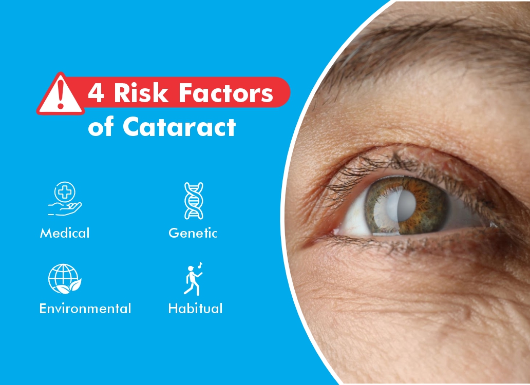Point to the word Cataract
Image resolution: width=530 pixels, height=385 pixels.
pos(179,127)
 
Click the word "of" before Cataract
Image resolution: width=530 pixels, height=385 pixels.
pos(101,127)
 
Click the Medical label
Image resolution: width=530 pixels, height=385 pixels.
pos(65,233)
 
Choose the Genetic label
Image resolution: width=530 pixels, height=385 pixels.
pos(193,233)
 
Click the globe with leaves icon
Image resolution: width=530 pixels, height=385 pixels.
pos(65,279)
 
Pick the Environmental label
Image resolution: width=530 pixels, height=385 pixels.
pos(85,309)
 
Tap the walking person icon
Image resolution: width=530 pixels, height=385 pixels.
pos(192,280)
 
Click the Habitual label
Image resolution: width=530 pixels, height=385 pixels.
pos(195,309)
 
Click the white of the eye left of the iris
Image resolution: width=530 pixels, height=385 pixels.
pos(354,216)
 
